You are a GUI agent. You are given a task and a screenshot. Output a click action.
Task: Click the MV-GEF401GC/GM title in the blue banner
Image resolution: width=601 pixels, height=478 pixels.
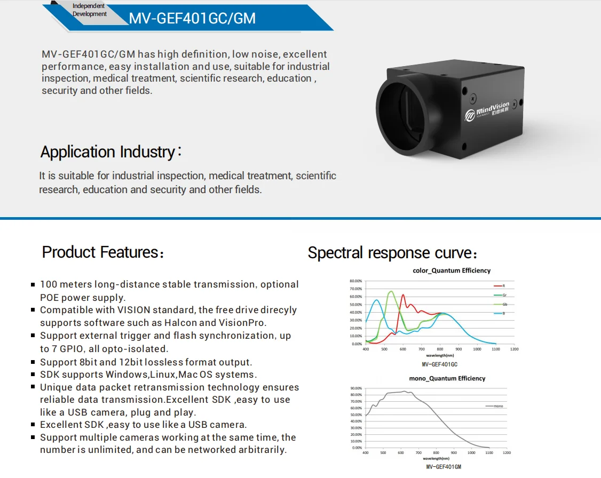pos(192,19)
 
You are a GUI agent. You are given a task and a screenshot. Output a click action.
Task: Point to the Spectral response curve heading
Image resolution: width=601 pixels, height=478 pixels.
pos(392,253)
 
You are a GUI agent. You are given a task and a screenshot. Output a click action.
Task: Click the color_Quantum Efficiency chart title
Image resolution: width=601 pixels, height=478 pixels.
pos(452,270)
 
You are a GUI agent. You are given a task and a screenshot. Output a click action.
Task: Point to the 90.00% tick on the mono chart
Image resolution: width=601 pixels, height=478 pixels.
pos(355,388)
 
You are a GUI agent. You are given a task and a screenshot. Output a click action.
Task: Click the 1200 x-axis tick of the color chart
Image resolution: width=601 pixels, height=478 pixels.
pos(514,349)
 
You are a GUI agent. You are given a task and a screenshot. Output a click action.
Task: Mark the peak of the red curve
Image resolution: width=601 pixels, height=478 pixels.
pos(403,294)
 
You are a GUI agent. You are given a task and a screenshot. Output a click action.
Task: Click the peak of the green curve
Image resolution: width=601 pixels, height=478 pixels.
pos(391,291)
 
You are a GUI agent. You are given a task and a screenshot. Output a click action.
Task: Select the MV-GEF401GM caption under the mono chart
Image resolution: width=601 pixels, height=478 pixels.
pos(443,467)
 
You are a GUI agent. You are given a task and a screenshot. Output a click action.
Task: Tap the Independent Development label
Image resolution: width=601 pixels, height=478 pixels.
pos(89,10)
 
